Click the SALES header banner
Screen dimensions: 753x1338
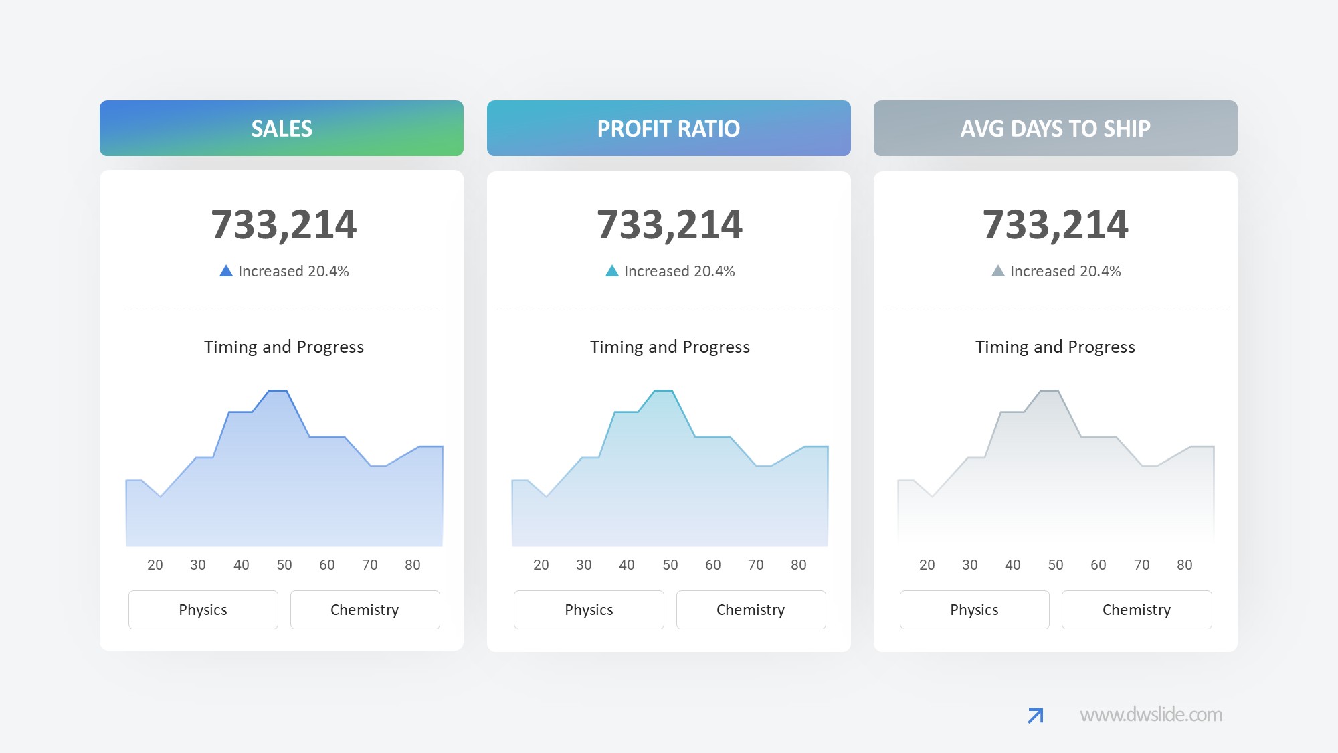281,128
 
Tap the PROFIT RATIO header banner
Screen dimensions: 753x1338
668,128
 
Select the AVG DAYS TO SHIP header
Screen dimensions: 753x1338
1055,128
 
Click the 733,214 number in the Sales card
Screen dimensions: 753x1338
284,224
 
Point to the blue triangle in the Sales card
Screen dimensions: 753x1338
226,271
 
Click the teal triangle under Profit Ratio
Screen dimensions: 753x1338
611,271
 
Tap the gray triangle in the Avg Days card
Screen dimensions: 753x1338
997,271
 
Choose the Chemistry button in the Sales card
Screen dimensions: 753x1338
365,610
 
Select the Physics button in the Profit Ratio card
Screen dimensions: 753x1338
589,610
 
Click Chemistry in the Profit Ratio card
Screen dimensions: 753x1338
751,610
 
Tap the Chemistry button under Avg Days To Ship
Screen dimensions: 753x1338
1136,610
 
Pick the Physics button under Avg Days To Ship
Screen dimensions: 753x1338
974,610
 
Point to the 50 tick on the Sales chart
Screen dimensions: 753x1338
284,565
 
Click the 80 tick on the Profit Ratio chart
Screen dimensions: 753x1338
798,565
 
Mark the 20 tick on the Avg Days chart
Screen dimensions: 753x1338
927,565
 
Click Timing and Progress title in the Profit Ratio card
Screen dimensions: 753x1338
670,347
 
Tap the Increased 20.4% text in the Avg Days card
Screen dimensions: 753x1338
1065,271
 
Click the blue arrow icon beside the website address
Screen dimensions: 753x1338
1035,716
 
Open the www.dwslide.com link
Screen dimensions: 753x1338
1151,715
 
